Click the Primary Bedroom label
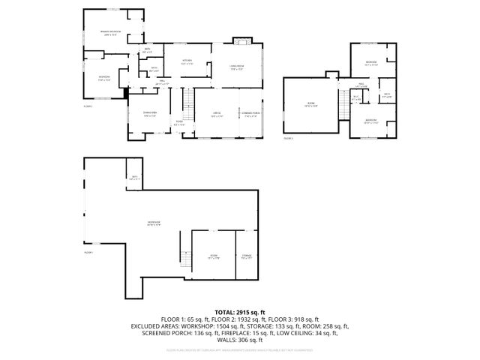pyautogui.click(x=111, y=32)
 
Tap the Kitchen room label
pyautogui.click(x=187, y=61)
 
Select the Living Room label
pyautogui.click(x=238, y=67)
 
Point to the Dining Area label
pyautogui.click(x=149, y=114)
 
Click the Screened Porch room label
pyautogui.click(x=250, y=115)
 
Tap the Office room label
pyautogui.click(x=217, y=115)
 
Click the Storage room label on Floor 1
pyautogui.click(x=246, y=257)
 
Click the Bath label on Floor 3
pyautogui.click(x=386, y=95)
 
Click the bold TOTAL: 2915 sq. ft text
pyautogui.click(x=240, y=311)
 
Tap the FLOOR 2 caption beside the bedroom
pyautogui.click(x=88, y=106)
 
